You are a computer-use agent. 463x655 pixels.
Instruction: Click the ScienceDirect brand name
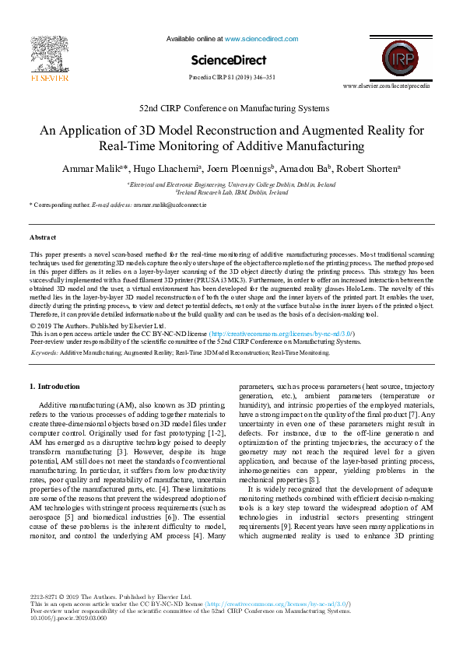(x=229, y=60)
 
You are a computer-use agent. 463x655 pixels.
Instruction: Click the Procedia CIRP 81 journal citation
(x=231, y=78)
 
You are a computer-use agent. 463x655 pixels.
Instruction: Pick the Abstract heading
(x=43, y=236)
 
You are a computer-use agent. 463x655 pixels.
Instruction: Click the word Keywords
(x=44, y=352)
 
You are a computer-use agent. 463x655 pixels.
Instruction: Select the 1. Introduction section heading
(x=54, y=386)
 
